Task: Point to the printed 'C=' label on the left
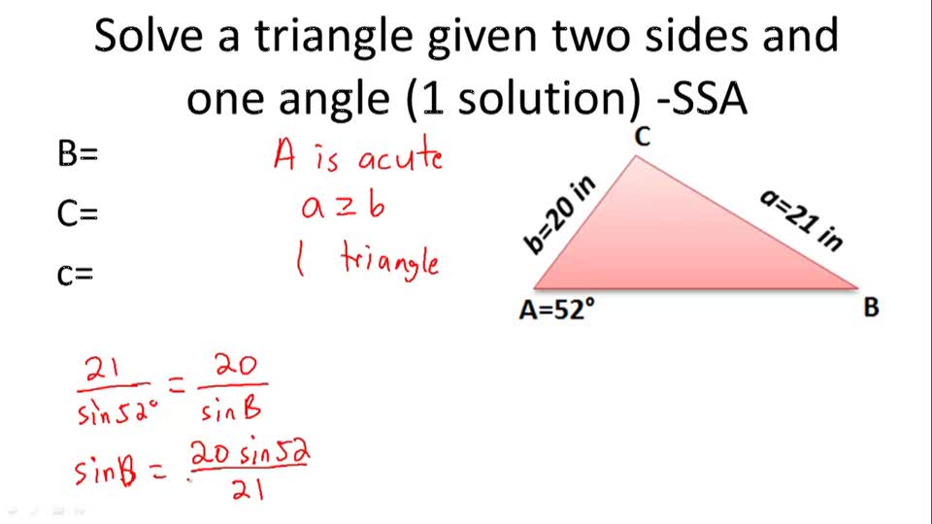[x=78, y=214]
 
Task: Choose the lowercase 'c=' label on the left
[x=76, y=275]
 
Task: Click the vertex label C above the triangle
[x=641, y=138]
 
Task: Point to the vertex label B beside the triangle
[x=871, y=309]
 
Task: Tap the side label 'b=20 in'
[x=560, y=215]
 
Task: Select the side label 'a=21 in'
[x=801, y=219]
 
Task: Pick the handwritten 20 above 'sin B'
[x=234, y=367]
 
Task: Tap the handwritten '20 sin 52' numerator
[x=250, y=452]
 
